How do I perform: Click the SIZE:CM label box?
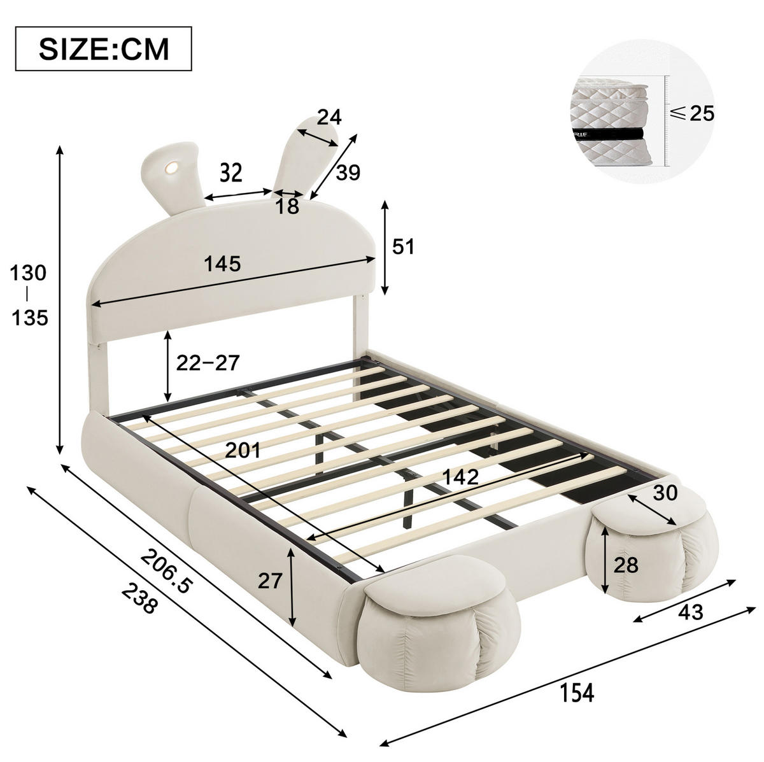point(103,48)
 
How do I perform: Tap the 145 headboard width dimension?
point(222,264)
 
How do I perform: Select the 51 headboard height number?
point(403,246)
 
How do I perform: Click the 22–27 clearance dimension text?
point(208,363)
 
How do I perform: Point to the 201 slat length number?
point(243,449)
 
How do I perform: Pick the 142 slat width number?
point(461,477)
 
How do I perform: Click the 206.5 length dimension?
point(167,571)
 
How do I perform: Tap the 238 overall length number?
point(139,600)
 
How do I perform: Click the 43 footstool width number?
point(690,612)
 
